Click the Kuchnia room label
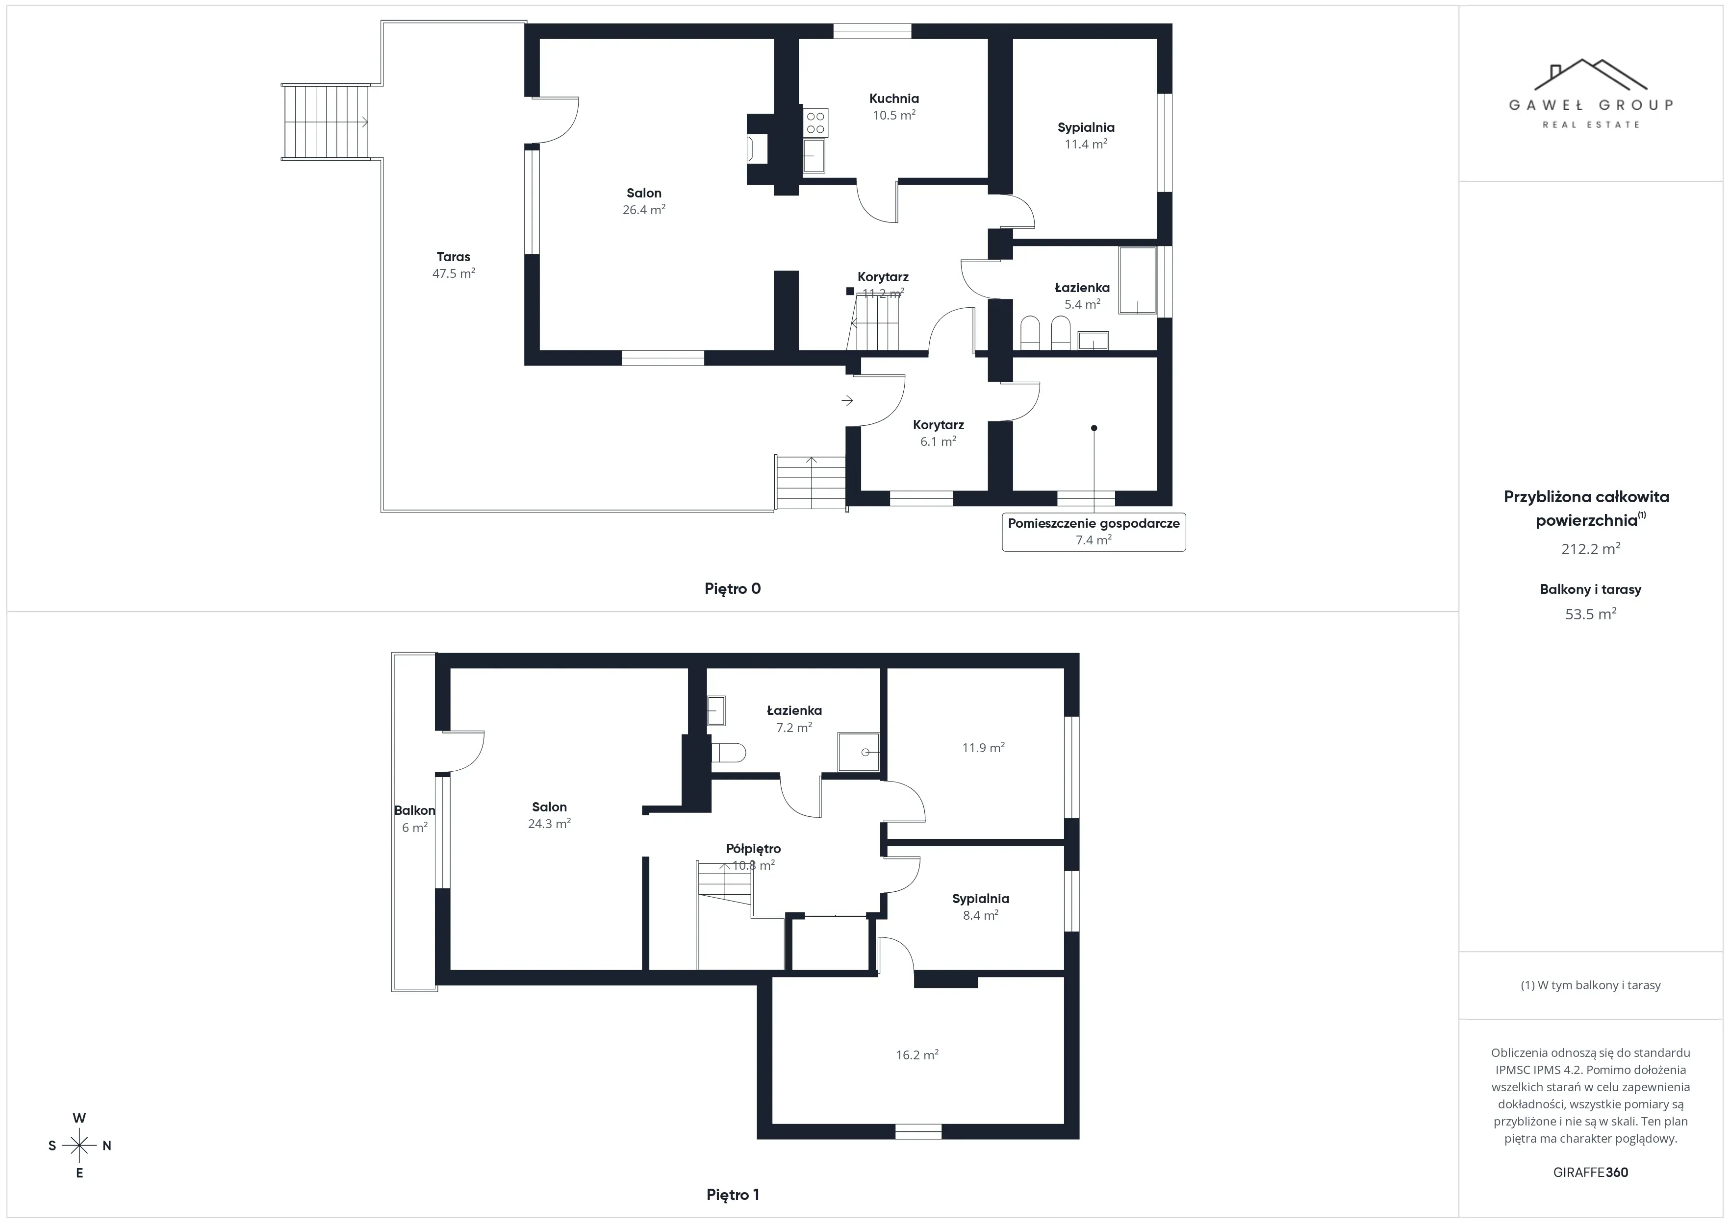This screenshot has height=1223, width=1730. pyautogui.click(x=893, y=98)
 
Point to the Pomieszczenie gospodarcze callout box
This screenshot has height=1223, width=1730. pyautogui.click(x=1094, y=531)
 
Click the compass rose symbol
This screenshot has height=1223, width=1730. pyautogui.click(x=79, y=1146)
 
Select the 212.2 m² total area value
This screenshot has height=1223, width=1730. pyautogui.click(x=1591, y=549)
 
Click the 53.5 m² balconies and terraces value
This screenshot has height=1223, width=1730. pyautogui.click(x=1591, y=614)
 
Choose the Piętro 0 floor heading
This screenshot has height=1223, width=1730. pyautogui.click(x=733, y=589)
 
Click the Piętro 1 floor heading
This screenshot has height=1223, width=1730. pyautogui.click(x=733, y=1195)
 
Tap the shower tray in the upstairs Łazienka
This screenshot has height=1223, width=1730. pyautogui.click(x=859, y=752)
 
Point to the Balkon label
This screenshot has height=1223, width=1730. pyautogui.click(x=414, y=810)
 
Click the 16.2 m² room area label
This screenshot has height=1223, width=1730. pyautogui.click(x=917, y=1055)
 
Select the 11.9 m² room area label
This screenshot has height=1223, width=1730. pyautogui.click(x=983, y=748)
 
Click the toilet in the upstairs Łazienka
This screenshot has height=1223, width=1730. pyautogui.click(x=729, y=752)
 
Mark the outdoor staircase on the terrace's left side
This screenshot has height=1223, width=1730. pyautogui.click(x=326, y=122)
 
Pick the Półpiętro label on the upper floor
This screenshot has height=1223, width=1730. pyautogui.click(x=754, y=849)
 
